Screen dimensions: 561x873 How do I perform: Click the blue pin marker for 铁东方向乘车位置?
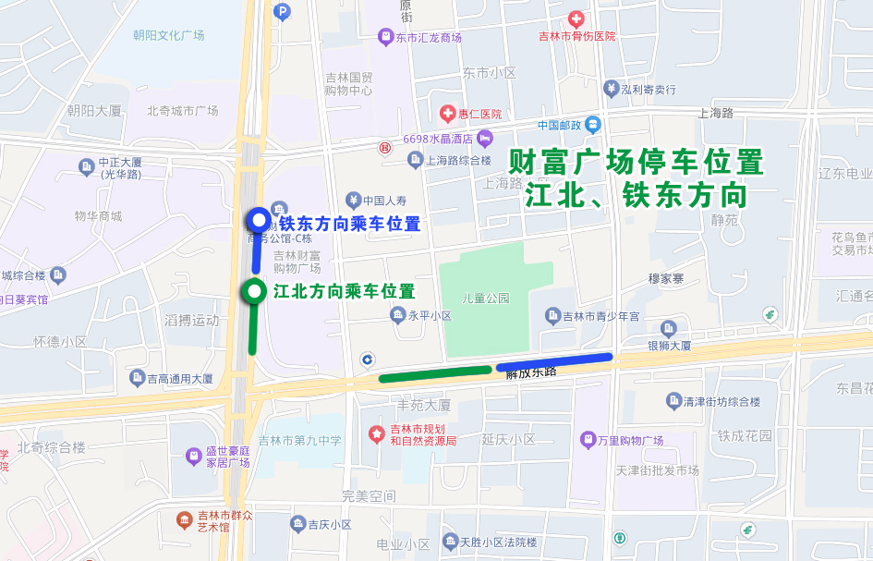pyautogui.click(x=259, y=221)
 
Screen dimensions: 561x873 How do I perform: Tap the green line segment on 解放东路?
pyautogui.click(x=435, y=373)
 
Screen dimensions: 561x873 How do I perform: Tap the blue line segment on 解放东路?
pyautogui.click(x=553, y=361)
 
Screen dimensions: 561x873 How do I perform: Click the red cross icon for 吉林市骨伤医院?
pyautogui.click(x=576, y=18)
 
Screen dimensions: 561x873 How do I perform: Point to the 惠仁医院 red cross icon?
pyautogui.click(x=447, y=113)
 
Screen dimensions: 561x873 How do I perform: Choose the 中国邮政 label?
pyautogui.click(x=559, y=125)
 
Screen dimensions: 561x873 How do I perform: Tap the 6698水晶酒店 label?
pyautogui.click(x=437, y=140)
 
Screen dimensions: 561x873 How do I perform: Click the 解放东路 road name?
pyautogui.click(x=531, y=372)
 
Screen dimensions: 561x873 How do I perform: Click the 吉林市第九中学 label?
pyautogui.click(x=300, y=440)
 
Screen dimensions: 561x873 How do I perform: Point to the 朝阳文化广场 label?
pyautogui.click(x=168, y=36)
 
